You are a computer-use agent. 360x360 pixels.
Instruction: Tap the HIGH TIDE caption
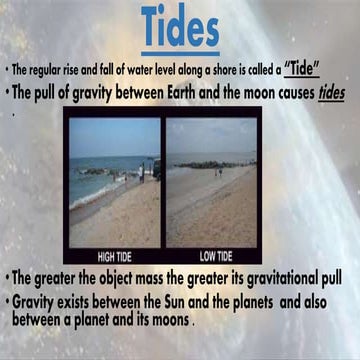114,254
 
